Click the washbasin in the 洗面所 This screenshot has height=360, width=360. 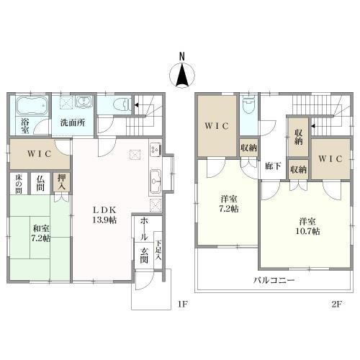pos(84,102)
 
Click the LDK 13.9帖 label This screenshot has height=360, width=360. pos(104,215)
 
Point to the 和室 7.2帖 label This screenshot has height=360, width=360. pos(40,233)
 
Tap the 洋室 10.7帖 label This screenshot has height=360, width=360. pos(307,226)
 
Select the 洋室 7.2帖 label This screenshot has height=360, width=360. pos(229,204)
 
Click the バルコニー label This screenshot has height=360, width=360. pos(274,280)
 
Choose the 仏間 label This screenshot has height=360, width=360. pos(40,183)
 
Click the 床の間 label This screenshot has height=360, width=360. pos(19,184)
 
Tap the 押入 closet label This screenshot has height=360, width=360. pos(61,182)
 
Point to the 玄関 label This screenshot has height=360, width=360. pos(144,256)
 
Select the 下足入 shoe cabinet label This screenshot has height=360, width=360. pos(158,251)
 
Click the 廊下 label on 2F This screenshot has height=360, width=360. pos(273,166)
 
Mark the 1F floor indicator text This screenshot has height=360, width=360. pos(182,305)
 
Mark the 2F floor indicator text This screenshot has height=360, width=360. pos(336,305)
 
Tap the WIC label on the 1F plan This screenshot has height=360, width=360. pos(39,153)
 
